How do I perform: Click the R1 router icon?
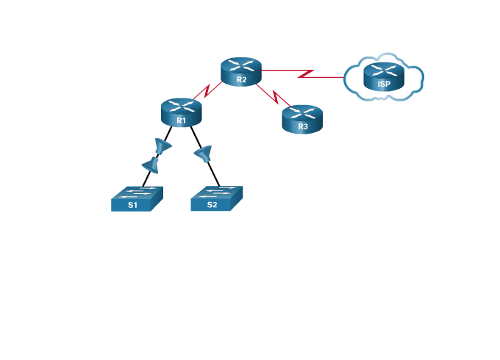tap(181, 112)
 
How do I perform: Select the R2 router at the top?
tap(241, 71)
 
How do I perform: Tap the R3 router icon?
tap(302, 118)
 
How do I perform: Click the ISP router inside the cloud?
tap(384, 76)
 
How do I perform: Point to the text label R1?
tap(182, 120)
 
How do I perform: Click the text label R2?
tap(242, 79)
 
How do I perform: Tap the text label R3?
tap(303, 126)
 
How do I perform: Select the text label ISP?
tap(384, 84)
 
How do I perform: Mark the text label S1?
tap(132, 205)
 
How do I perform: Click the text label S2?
tap(212, 205)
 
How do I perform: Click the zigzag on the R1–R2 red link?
tap(208, 91)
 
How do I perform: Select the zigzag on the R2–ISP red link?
tap(306, 73)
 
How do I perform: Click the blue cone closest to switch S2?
tap(203, 154)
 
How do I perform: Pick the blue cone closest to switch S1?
tap(151, 165)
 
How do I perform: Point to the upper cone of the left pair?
tap(162, 145)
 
